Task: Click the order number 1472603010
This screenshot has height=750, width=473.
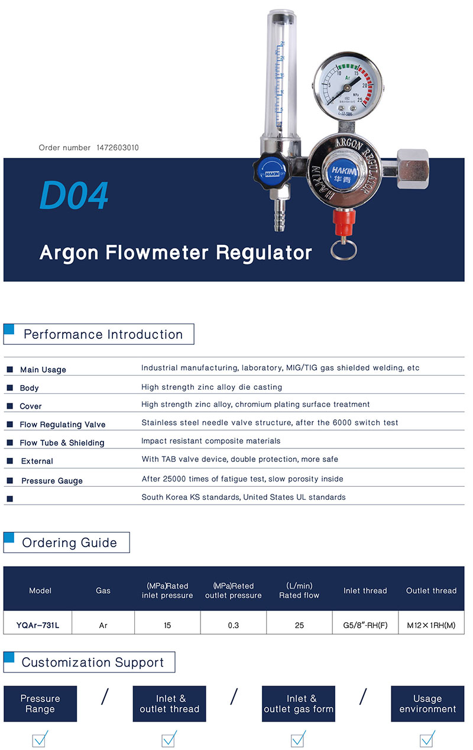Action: (x=118, y=148)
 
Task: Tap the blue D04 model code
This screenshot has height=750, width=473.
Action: (x=74, y=195)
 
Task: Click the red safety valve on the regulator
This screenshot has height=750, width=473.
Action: (x=344, y=221)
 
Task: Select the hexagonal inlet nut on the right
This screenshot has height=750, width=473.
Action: (x=413, y=169)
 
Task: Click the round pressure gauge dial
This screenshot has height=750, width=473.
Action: (x=348, y=86)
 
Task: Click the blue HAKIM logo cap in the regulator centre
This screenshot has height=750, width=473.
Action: (x=344, y=174)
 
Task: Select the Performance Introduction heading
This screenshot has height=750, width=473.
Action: (x=103, y=334)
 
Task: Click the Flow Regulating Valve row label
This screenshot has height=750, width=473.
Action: (x=63, y=425)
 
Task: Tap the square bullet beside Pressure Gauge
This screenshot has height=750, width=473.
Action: (x=10, y=480)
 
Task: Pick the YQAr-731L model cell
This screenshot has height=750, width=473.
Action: (x=38, y=625)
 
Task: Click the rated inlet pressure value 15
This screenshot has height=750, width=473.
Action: (x=167, y=625)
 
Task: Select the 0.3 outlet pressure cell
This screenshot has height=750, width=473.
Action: (x=234, y=625)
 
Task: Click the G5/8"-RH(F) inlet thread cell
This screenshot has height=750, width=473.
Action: (x=365, y=625)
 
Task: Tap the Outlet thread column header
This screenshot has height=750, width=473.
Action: (x=431, y=591)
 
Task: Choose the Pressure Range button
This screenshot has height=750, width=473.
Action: (x=40, y=703)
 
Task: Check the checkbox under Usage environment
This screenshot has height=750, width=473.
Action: (x=427, y=739)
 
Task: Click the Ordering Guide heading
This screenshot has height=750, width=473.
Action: (x=70, y=542)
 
